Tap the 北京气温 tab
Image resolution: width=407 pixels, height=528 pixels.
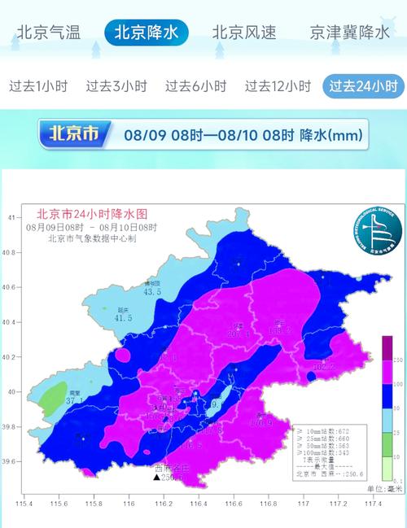[49, 33]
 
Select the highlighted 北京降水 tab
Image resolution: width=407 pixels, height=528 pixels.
[147, 33]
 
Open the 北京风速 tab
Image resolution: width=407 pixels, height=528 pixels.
[244, 33]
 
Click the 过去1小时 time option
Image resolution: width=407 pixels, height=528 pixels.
[37, 85]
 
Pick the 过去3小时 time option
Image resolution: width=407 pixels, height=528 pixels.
[116, 85]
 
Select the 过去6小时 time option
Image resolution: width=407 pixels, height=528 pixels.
[195, 85]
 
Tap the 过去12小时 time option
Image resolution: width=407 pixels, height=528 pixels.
[278, 85]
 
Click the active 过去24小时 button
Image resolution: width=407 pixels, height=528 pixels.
[362, 85]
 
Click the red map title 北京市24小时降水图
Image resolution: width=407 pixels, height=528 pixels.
[85, 214]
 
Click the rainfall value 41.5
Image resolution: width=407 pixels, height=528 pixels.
[124, 318]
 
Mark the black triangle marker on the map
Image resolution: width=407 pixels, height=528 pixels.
[155, 477]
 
